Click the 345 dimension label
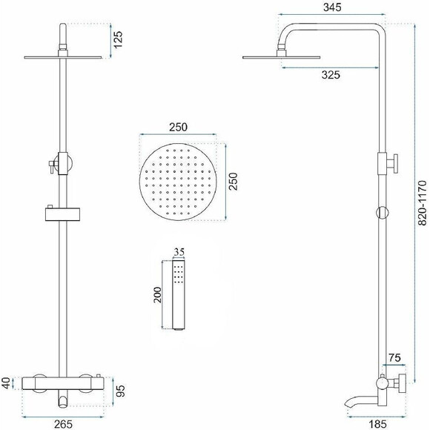pyautogui.click(x=332, y=7)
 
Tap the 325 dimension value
pyautogui.click(x=331, y=75)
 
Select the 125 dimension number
pyautogui.click(x=118, y=40)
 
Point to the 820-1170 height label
pyautogui.click(x=423, y=203)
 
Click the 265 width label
pyautogui.click(x=63, y=424)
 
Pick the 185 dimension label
pyautogui.click(x=377, y=424)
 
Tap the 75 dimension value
pyautogui.click(x=394, y=357)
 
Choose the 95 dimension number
pyautogui.click(x=120, y=391)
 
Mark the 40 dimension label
pyautogui.click(x=6, y=383)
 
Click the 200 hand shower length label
pyautogui.click(x=158, y=295)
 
